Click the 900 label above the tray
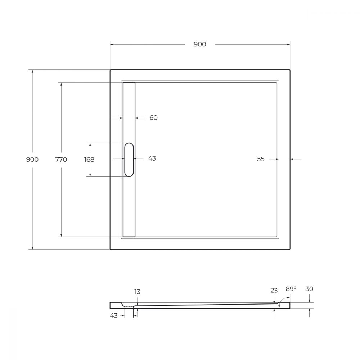(200, 44)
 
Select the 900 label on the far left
(32, 159)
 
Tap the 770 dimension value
(61, 159)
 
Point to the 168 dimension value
(89, 159)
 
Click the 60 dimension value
(153, 118)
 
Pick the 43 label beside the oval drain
(152, 158)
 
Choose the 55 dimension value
(261, 159)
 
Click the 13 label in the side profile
(137, 292)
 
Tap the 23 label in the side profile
(274, 291)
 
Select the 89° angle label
(291, 289)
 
